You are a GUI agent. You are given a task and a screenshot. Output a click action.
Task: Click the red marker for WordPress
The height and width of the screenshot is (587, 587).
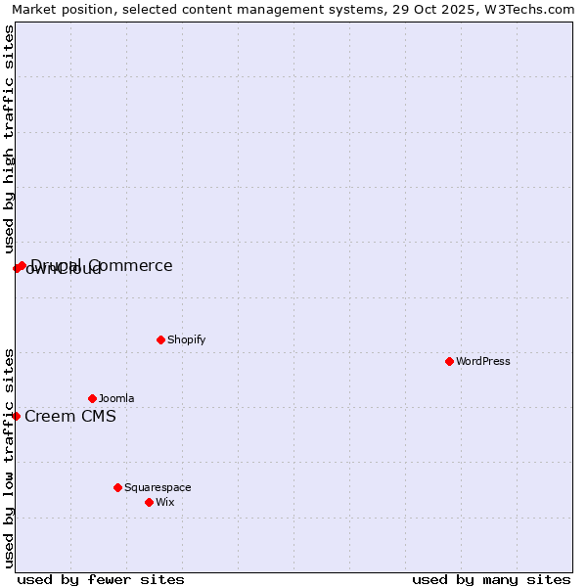[x=449, y=361]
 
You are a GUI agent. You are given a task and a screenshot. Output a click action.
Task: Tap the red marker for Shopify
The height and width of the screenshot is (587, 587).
[x=160, y=339]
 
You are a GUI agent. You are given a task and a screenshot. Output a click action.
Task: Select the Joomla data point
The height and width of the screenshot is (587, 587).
[x=92, y=398]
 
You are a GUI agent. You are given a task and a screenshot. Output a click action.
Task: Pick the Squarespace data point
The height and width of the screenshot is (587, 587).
[x=117, y=487]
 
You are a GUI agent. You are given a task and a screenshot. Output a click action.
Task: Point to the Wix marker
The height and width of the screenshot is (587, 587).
[x=149, y=502]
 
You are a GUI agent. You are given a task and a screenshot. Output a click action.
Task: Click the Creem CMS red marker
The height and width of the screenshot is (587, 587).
[x=16, y=416]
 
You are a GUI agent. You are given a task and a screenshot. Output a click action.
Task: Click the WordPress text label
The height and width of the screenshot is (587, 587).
[x=483, y=361]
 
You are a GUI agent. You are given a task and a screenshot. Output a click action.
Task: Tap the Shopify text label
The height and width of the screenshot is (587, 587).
[x=186, y=339]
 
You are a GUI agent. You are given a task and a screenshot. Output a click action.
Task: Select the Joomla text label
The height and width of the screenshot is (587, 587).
[x=116, y=398]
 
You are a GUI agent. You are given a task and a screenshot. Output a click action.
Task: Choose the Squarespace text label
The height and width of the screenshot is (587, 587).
[x=158, y=487]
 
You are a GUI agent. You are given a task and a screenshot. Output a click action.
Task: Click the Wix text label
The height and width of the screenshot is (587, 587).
[x=164, y=502]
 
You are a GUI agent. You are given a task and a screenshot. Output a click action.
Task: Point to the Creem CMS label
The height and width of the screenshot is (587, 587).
[x=70, y=416]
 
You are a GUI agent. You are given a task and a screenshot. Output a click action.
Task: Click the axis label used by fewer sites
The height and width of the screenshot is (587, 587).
[x=101, y=579]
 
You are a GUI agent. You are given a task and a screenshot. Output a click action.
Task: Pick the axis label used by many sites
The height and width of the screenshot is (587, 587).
[x=491, y=579]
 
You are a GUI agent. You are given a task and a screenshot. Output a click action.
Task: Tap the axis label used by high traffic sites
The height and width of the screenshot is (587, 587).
[x=9, y=139]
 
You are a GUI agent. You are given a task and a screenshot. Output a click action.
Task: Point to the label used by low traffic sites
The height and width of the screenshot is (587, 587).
[x=9, y=458]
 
